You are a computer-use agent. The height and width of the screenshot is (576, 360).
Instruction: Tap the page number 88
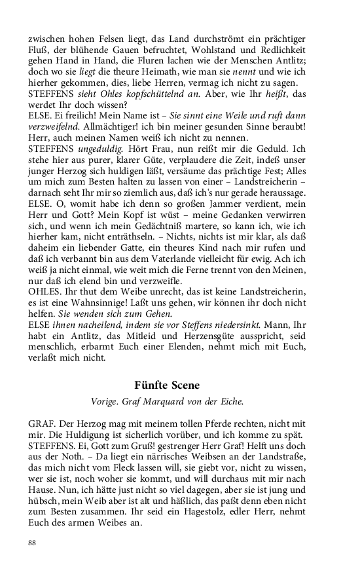[x=33, y=543]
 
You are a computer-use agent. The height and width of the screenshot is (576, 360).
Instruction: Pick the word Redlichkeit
[x=279, y=52]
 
